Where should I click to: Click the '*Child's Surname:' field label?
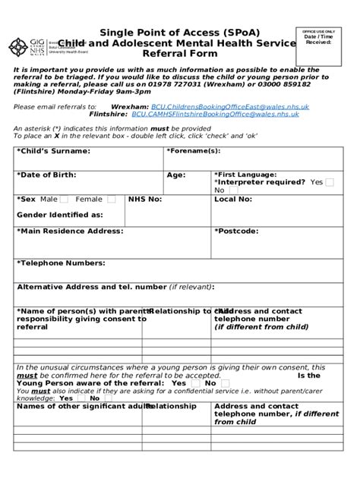(52, 151)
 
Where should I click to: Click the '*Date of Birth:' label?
(47, 175)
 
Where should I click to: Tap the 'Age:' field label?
(176, 175)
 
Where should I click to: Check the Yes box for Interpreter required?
(329, 182)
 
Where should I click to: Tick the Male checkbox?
(64, 200)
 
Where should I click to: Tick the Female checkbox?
(111, 200)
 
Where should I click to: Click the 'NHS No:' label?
(145, 199)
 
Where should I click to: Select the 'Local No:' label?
(232, 199)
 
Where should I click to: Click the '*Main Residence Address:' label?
(69, 231)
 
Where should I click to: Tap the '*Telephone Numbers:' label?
(61, 263)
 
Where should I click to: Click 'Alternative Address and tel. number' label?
(91, 287)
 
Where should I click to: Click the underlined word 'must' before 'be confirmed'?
(27, 376)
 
